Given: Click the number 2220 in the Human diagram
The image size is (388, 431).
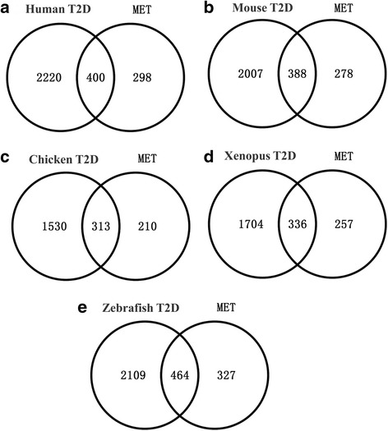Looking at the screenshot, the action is coord(49,77).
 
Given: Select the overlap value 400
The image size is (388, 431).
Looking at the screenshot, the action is coord(95,77).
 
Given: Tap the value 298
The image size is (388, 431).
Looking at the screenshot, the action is coord(142,77).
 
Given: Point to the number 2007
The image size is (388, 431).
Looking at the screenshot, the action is coord(251,74).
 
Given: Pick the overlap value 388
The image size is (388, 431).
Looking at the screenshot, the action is coord(298,74).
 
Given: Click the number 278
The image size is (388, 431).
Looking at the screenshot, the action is coord(344,74).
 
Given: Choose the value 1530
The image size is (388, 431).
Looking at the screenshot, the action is coord(54,227).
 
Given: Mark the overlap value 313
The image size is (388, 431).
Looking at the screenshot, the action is coord(101,227).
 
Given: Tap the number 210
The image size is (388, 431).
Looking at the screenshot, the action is coord(147,227).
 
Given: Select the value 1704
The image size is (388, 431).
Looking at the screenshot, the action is coord(251,224).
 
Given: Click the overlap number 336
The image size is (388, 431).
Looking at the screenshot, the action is coord(298,224).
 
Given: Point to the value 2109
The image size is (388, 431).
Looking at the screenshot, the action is coord(133,375).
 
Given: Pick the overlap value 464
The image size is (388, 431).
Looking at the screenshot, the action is coord(180,375).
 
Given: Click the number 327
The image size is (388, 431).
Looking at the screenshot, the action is coord(226,375).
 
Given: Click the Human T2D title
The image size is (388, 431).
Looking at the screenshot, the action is coord(58,9).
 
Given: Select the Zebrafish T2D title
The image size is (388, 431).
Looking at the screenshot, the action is coord(141,308).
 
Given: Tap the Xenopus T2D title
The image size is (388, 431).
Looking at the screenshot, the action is coord(260,156).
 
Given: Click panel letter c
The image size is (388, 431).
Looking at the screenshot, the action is coord(5,158).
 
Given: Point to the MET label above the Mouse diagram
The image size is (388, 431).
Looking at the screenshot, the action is coord(344,8).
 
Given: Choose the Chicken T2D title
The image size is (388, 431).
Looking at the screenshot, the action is coord(63,159).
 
